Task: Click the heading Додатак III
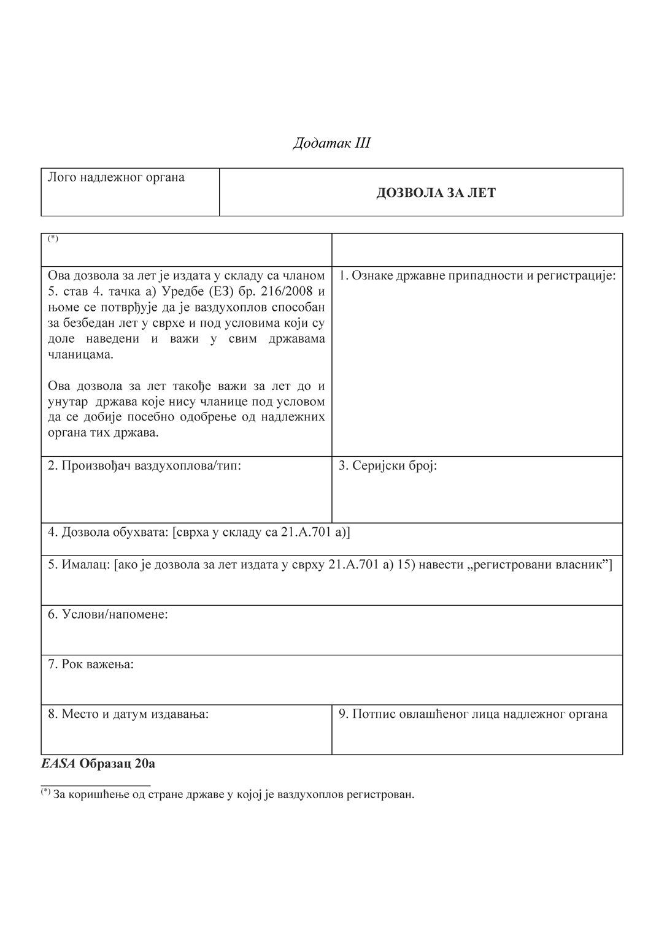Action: [x=331, y=143]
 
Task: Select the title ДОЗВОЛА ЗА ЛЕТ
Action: [x=436, y=193]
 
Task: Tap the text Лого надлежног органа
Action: [x=116, y=178]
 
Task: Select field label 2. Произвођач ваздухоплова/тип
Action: [x=144, y=465]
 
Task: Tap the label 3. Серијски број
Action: [x=387, y=465]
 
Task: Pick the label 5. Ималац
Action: [x=79, y=565]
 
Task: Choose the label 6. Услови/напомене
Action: [x=107, y=614]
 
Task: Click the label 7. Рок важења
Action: [x=90, y=664]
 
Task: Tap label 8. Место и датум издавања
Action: [x=128, y=714]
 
